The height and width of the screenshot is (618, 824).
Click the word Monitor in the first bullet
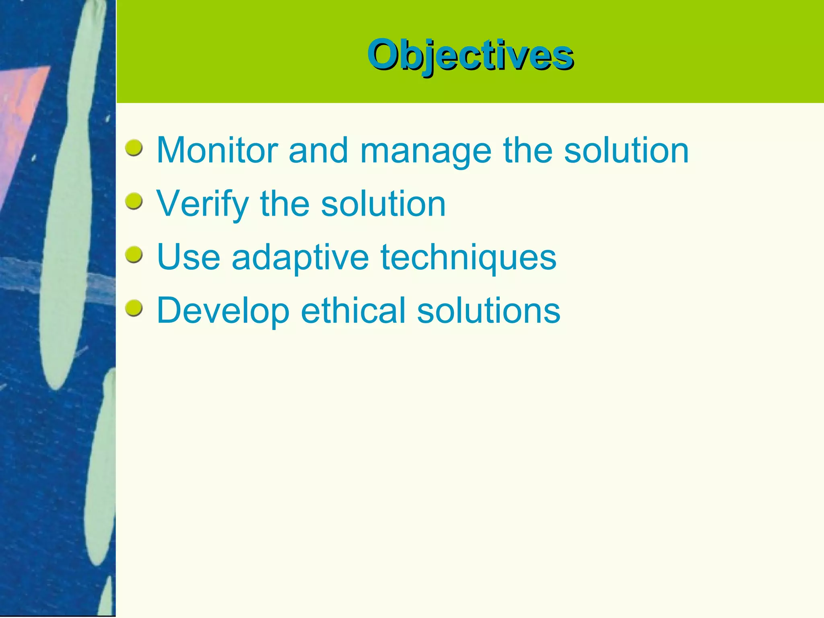tap(217, 150)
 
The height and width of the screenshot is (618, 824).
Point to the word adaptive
tap(300, 257)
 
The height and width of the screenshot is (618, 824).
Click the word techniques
tap(468, 257)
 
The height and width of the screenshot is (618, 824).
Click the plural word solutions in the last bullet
tap(488, 311)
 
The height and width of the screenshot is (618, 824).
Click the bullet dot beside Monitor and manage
tap(134, 148)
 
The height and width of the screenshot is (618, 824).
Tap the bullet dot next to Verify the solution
tap(134, 201)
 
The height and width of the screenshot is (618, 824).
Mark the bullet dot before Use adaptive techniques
tap(134, 255)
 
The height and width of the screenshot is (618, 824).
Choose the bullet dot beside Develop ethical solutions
tap(134, 308)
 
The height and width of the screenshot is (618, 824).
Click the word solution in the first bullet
tap(626, 150)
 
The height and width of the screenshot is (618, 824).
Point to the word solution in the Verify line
tap(383, 204)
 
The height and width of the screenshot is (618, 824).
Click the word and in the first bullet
tap(318, 150)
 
